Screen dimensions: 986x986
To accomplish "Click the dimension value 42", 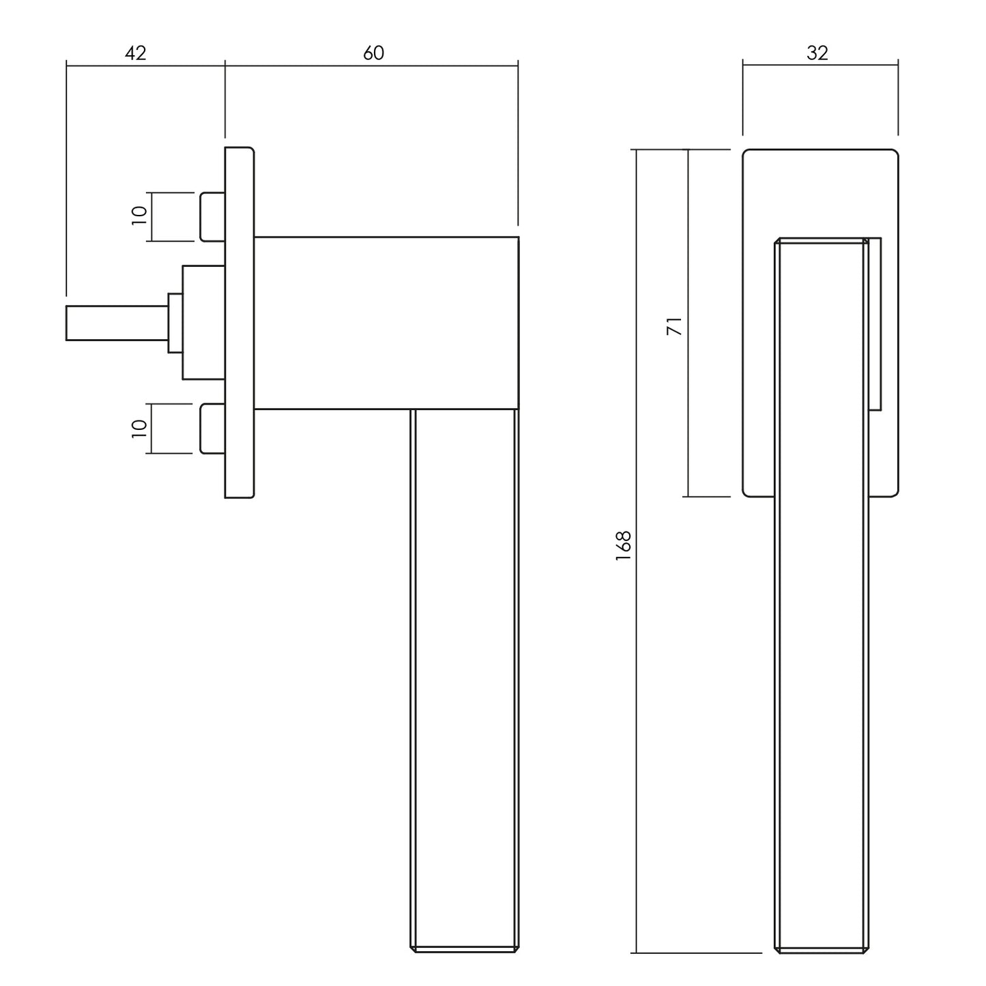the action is tap(136, 53).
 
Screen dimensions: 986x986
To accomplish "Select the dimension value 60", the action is tap(373, 53).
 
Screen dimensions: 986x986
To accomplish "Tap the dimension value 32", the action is tap(817, 53).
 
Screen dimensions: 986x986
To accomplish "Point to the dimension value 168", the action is tap(624, 546).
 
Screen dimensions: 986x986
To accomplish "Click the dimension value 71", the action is tap(674, 326).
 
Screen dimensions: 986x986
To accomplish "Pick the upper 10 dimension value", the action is tap(139, 216).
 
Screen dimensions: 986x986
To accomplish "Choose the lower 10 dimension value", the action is tap(139, 429).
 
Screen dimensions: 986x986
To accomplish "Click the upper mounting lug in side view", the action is tap(212, 217).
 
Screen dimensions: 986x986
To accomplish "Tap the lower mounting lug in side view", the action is tap(212, 429).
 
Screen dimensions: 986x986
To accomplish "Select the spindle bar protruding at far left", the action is tap(117, 323).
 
